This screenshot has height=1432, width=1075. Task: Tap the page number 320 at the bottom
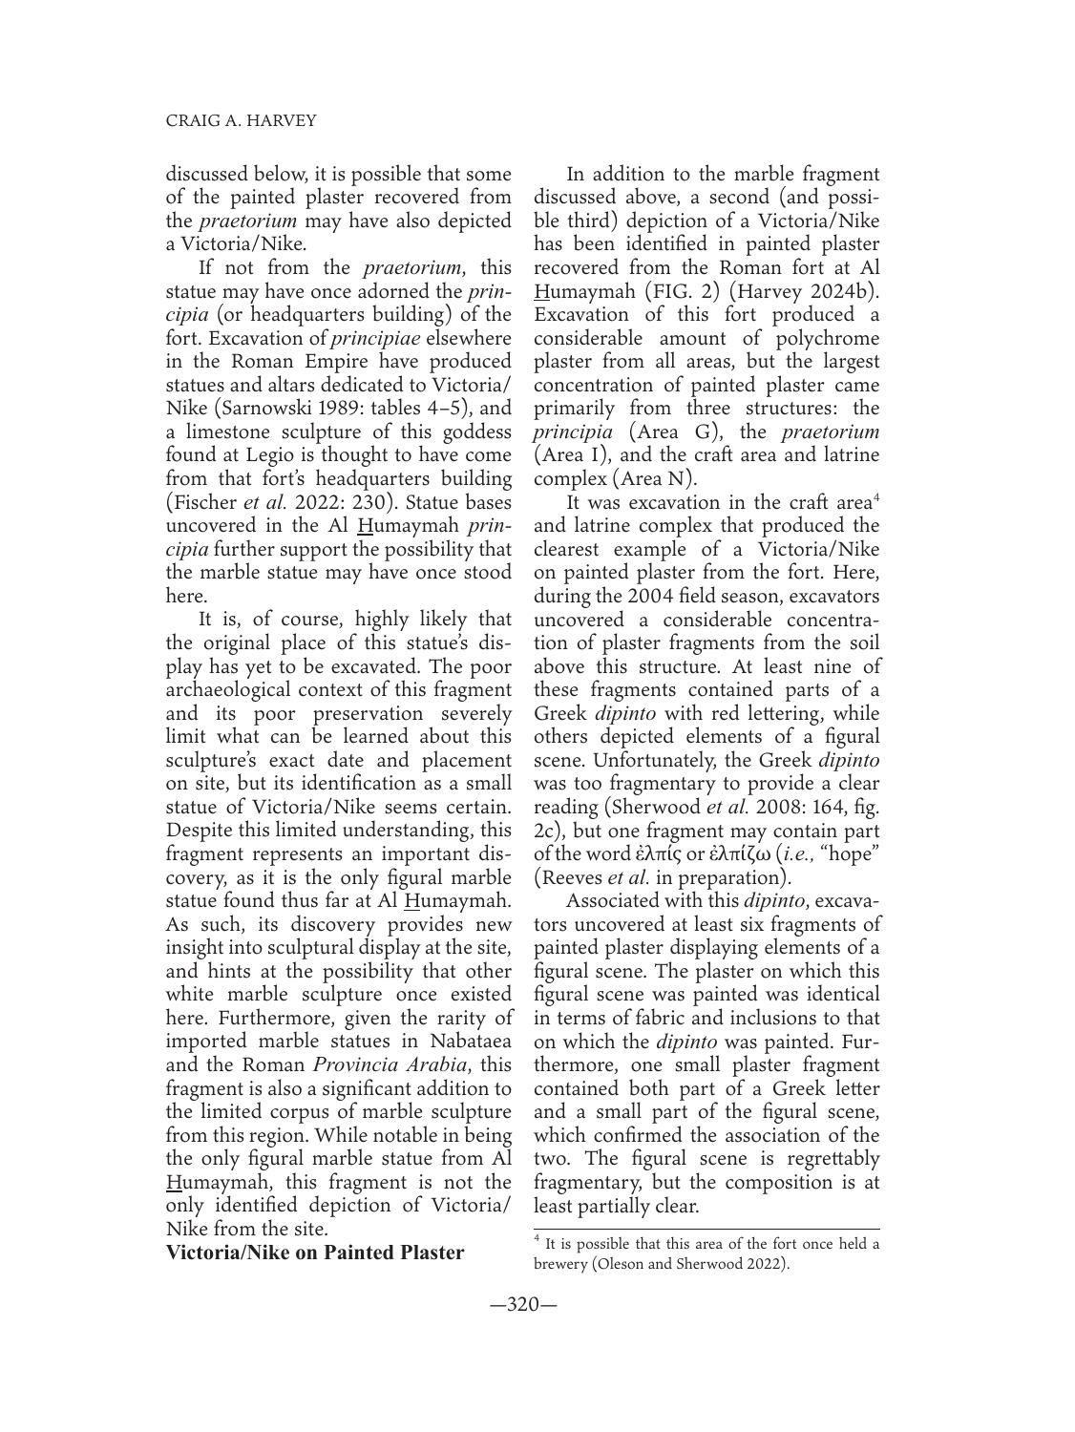tap(537, 1305)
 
